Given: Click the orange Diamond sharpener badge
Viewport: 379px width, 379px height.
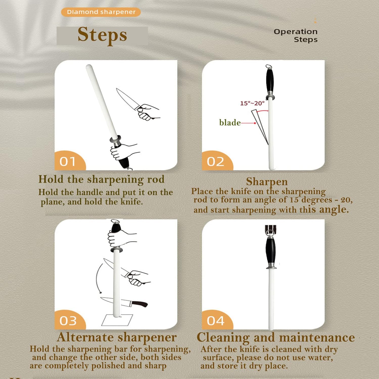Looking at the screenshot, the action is coord(101,12).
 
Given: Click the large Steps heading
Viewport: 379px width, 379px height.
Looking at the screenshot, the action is coord(102,35).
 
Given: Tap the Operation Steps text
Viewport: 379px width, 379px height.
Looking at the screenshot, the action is coord(296,36).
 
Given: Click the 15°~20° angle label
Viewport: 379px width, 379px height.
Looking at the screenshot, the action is coord(252,103).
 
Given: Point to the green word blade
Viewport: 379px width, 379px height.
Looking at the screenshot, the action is coord(230,123).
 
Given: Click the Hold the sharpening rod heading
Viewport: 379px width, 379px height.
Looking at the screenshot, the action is coord(102,179).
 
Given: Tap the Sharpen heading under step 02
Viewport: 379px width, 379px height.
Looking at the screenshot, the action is coord(267,181).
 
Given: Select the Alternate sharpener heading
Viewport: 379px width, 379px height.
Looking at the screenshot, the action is coord(117,337).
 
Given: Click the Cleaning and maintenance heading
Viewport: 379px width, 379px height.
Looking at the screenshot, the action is coord(276,338).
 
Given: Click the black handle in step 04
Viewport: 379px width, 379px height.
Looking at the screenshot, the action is coord(271,251).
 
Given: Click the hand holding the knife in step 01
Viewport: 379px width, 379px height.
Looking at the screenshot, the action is coord(148,112).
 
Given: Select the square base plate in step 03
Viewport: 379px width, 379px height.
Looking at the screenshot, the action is coord(117,320).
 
